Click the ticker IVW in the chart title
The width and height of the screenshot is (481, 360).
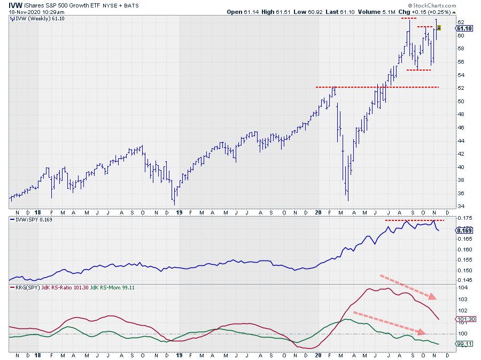pos(15,4)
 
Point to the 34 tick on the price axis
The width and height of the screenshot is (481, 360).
pos(461,206)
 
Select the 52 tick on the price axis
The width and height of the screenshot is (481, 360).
pos(461,88)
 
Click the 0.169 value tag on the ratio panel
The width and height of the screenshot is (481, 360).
pos(463,230)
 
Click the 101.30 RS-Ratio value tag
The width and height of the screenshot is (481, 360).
pos(464,319)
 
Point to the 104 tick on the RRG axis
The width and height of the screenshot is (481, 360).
pos(462,288)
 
